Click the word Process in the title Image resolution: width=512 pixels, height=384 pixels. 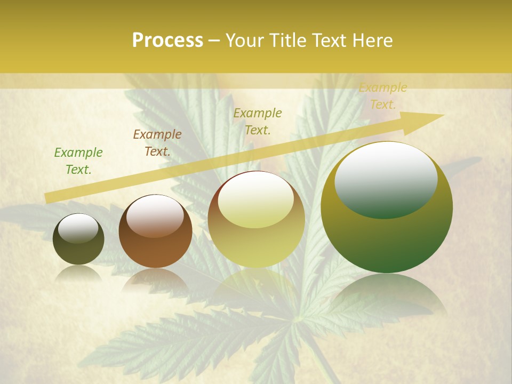pyautogui.click(x=167, y=41)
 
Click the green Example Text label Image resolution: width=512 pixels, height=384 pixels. pyautogui.click(x=78, y=161)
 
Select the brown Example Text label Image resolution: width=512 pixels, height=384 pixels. pyautogui.click(x=157, y=143)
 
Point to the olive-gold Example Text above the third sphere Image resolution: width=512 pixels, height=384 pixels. pyautogui.click(x=258, y=121)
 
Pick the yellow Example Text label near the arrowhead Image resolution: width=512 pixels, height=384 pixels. pyautogui.click(x=383, y=96)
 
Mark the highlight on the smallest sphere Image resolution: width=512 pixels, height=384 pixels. pyautogui.click(x=78, y=228)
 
